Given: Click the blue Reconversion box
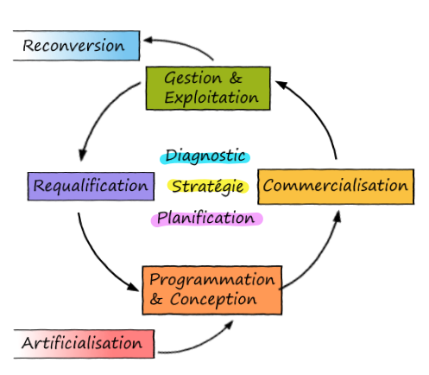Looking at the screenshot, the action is [x=77, y=46].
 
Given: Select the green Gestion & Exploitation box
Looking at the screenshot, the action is [x=208, y=88].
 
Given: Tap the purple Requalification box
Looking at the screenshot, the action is [x=91, y=186].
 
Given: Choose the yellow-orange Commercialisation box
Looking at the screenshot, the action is [x=336, y=187].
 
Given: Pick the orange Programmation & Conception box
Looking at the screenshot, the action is [x=212, y=290].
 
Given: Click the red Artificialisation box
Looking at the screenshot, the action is [x=84, y=344].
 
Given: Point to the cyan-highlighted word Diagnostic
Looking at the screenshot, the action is [x=205, y=156].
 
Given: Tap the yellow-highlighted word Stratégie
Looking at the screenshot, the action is [x=208, y=187].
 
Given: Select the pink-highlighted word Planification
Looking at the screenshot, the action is [x=206, y=219].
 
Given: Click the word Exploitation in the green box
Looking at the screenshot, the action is [x=211, y=98].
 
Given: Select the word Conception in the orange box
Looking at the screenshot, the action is [x=213, y=300].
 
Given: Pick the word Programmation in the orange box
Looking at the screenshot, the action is [x=212, y=280].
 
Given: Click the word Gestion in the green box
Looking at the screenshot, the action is [x=193, y=79].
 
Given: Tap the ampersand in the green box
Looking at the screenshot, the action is [x=236, y=78].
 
